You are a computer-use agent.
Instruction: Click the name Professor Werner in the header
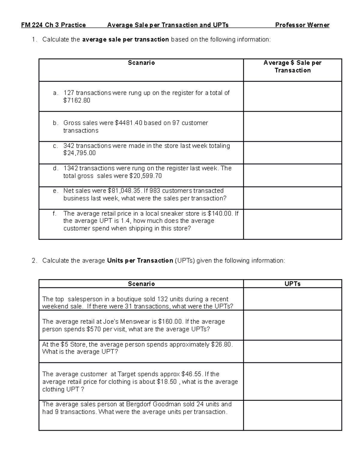pyautogui.click(x=302, y=25)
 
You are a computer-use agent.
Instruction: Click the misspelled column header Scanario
pyautogui.click(x=141, y=63)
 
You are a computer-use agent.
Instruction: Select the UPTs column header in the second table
pyautogui.click(x=292, y=284)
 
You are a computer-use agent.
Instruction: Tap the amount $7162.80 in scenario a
pyautogui.click(x=77, y=101)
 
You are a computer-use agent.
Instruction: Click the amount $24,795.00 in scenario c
pyautogui.click(x=79, y=153)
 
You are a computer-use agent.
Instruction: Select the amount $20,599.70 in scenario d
pyautogui.click(x=145, y=176)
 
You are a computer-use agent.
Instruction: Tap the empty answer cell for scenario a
pyautogui.click(x=292, y=97)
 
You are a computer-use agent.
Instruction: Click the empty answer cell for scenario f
pyautogui.click(x=292, y=224)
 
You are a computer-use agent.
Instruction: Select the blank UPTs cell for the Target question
pyautogui.click(x=292, y=381)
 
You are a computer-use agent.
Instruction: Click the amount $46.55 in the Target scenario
pyautogui.click(x=192, y=374)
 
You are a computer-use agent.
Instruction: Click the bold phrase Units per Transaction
pyautogui.click(x=140, y=261)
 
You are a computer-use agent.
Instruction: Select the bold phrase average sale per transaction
pyautogui.click(x=125, y=40)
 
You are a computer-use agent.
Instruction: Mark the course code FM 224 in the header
pyautogui.click(x=32, y=25)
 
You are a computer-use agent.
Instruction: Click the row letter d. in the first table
pyautogui.click(x=55, y=168)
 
